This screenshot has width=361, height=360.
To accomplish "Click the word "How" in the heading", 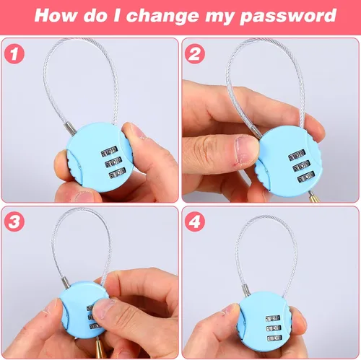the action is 56,15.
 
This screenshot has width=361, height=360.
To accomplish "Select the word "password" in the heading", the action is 288,17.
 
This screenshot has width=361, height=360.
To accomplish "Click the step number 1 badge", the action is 14,53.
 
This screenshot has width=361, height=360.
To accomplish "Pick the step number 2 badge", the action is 195,53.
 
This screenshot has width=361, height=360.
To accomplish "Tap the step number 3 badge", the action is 14,221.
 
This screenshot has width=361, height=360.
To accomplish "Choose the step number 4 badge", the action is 195,221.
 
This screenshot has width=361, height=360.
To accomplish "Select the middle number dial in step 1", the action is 113,163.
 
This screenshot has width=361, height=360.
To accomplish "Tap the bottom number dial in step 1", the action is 118,174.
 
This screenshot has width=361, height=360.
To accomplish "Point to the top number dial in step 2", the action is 297,155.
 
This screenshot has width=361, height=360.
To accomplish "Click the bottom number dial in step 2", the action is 306,177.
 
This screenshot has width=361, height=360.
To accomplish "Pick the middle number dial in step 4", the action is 274,328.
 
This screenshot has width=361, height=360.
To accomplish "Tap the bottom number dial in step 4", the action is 274,338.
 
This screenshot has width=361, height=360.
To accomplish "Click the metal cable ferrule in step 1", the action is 70,128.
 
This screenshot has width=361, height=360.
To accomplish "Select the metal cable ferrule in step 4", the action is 245,289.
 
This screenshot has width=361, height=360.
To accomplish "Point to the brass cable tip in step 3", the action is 100,348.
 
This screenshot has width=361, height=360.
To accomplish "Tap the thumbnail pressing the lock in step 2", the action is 245,149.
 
